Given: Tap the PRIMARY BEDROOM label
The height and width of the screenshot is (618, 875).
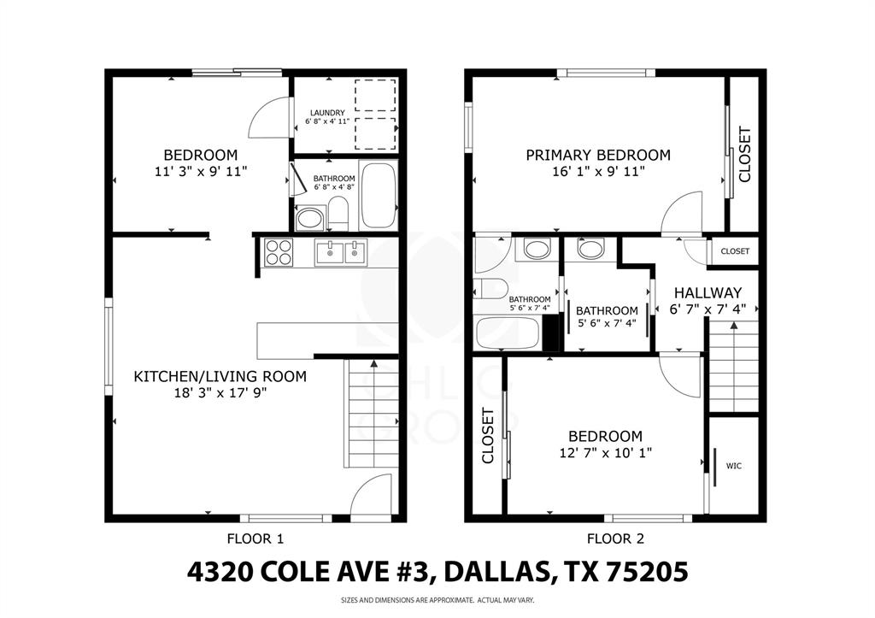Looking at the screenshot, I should click(597, 155).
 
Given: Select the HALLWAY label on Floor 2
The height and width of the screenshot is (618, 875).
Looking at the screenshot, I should click(705, 292).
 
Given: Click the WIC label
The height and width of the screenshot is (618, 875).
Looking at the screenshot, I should click(733, 466).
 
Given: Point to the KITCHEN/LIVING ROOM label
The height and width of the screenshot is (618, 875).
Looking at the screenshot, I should click(220, 376).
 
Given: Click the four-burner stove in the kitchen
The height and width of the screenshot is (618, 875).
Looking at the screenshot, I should click(279, 253).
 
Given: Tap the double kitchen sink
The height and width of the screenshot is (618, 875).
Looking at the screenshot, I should click(340, 253).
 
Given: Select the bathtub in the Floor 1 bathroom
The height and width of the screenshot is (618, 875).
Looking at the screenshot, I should click(378, 195).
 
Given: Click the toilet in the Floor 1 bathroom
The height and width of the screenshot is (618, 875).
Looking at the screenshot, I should click(338, 213).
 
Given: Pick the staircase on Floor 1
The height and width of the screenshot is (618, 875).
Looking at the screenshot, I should click(372, 414).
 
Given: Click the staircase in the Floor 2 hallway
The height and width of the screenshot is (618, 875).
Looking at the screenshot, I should click(735, 367).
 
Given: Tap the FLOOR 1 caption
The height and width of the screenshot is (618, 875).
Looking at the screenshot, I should click(255, 539).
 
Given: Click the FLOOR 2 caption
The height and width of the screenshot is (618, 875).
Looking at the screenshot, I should click(615, 539).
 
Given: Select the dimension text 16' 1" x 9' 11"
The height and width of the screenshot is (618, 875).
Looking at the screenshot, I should click(597, 171).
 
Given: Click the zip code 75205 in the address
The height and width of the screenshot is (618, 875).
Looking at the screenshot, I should click(650, 572).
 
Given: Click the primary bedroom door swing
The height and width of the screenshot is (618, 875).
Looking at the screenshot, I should click(683, 214).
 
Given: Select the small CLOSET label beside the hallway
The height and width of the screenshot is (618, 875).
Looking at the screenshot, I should click(735, 251).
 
